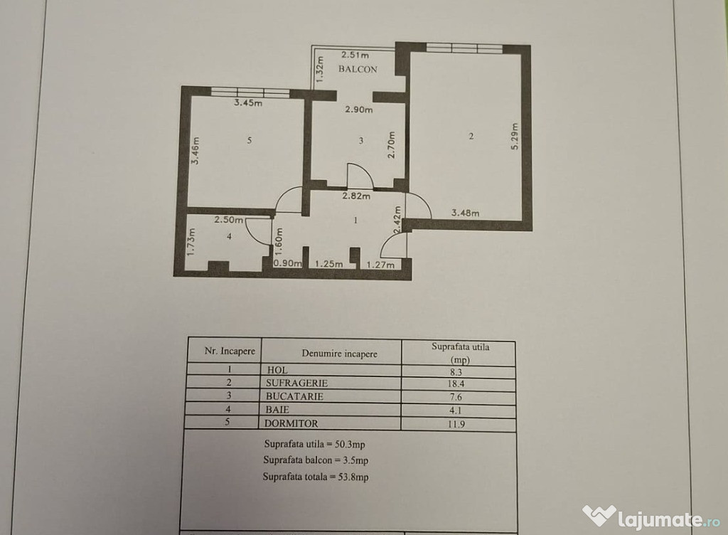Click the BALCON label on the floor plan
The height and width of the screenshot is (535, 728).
coord(358,69)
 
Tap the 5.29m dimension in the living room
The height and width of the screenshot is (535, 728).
coord(515,137)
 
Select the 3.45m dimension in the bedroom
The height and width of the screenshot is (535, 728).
coord(248,102)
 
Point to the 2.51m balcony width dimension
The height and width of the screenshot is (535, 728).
coord(355,55)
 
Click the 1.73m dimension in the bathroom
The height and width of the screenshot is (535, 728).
coord(191,241)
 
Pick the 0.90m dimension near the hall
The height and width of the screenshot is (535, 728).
coord(288,263)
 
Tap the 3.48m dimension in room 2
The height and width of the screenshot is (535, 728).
coord(465,213)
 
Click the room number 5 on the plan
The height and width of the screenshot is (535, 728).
coord(250,139)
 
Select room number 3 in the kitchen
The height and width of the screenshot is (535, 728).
coord(360,140)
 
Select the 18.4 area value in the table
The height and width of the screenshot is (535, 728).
coord(456,383)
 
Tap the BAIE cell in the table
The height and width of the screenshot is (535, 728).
coord(277,410)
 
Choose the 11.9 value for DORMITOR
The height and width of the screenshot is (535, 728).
coord(456,423)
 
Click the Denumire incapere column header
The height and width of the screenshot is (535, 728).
coord(340,354)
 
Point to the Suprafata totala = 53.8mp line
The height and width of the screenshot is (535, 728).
coord(316,477)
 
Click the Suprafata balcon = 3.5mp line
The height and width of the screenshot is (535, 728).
coord(316,460)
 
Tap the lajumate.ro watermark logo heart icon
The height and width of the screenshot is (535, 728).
coord(599,516)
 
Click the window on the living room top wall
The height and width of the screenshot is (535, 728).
coord(464,48)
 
